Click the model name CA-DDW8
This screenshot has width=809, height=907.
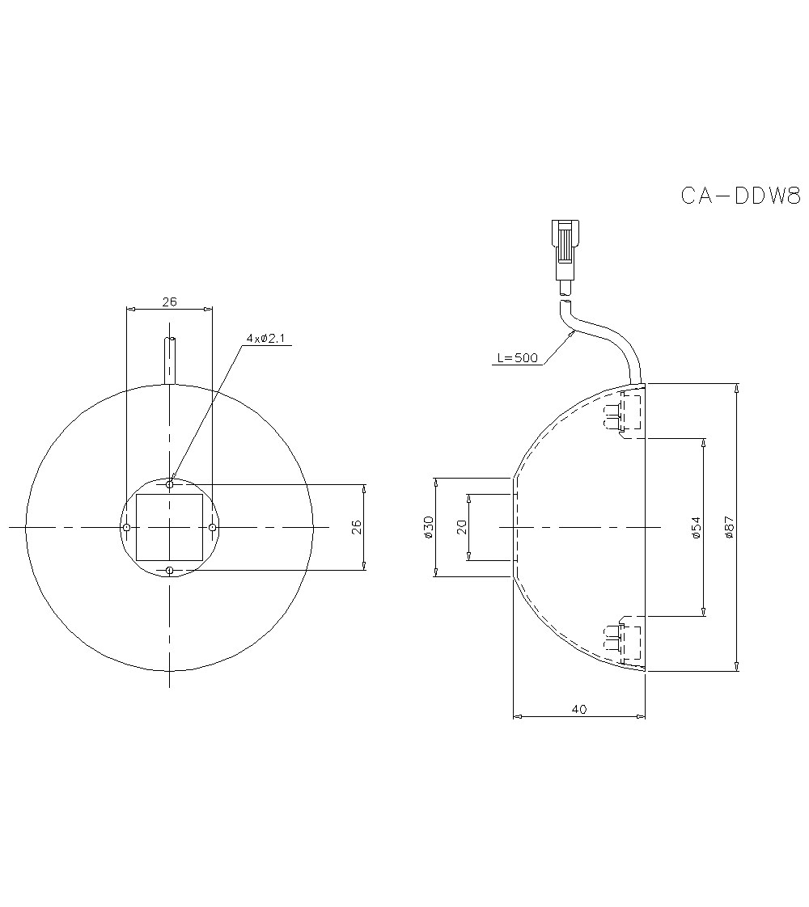[739, 196]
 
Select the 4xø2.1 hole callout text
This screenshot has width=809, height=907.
[266, 338]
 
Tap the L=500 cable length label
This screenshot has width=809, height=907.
[515, 358]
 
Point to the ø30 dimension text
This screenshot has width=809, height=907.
[428, 527]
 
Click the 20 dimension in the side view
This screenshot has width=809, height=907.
[461, 527]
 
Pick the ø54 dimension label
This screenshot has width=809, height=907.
[696, 527]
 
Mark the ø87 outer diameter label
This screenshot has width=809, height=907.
[729, 527]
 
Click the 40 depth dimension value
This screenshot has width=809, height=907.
[578, 709]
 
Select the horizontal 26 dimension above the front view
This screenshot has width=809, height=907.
[169, 302]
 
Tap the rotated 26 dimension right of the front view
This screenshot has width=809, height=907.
[357, 527]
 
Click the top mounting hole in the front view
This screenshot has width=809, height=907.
[169, 484]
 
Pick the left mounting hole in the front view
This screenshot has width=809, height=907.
[126, 527]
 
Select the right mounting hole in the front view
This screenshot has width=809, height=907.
[212, 527]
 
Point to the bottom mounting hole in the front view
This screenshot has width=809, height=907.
[169, 571]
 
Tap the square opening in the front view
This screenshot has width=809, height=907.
[169, 527]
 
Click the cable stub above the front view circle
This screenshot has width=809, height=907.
[169, 360]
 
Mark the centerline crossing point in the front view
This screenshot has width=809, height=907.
[169, 527]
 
